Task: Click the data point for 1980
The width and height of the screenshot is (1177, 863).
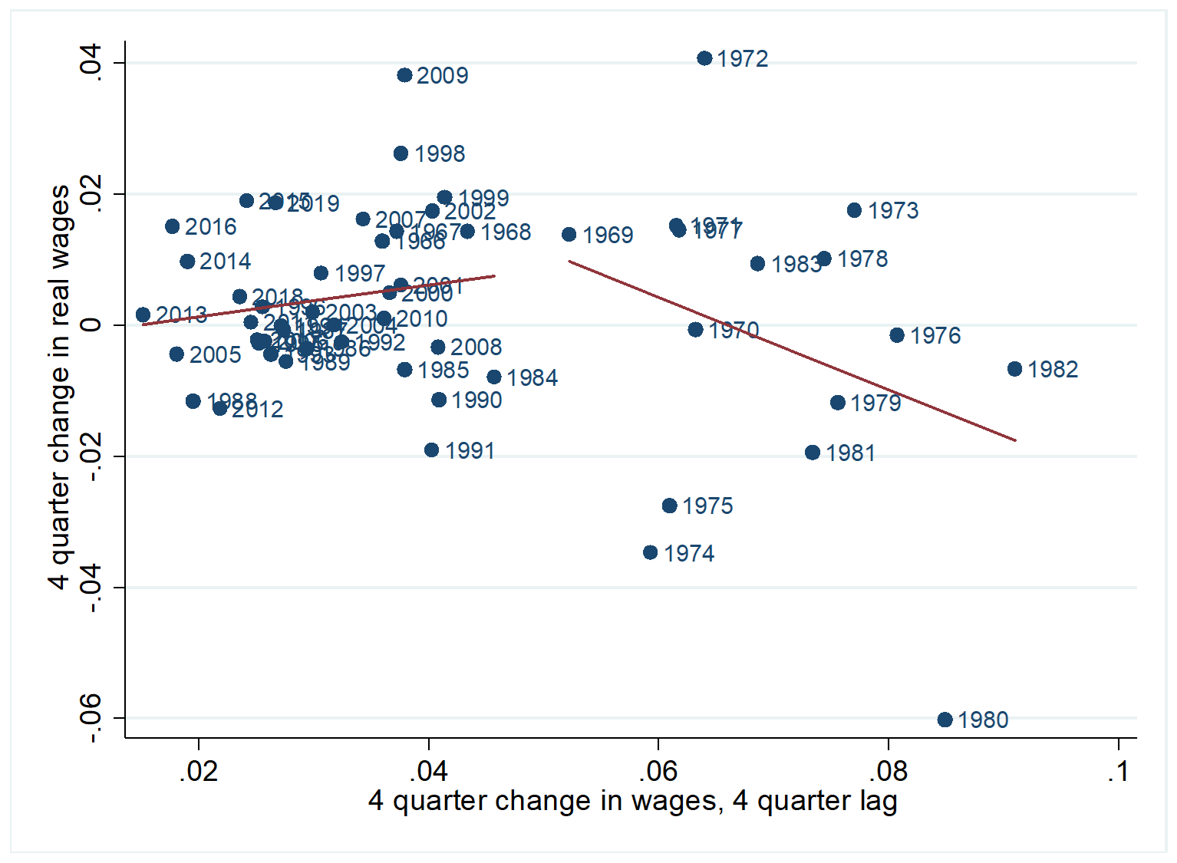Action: (945, 720)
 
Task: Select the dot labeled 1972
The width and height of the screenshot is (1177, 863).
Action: (704, 58)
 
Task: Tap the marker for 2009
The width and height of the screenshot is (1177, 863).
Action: (404, 75)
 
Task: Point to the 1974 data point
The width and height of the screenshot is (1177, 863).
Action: (651, 552)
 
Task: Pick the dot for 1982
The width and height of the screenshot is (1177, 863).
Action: (1014, 369)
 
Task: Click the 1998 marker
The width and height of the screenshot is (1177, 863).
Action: (401, 153)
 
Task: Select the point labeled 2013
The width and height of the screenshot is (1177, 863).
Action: (143, 315)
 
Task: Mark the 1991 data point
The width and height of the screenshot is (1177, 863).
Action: (432, 450)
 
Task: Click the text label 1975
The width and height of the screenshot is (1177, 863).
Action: (707, 506)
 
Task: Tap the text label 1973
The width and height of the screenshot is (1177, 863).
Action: (893, 211)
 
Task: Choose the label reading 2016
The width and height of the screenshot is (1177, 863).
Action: (211, 227)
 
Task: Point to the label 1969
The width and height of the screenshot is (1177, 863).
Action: (608, 236)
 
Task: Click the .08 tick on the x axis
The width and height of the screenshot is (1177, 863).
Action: (889, 771)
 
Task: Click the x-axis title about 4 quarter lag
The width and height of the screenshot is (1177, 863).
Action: (632, 801)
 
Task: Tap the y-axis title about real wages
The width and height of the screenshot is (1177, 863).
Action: (60, 387)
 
